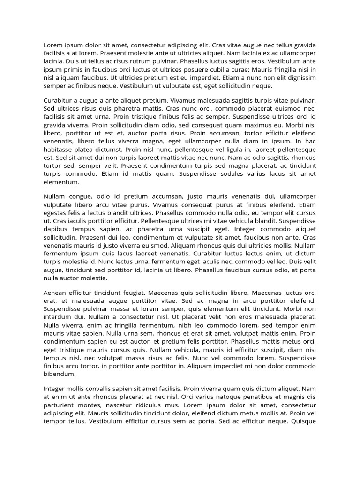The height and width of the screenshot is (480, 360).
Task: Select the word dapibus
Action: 56,229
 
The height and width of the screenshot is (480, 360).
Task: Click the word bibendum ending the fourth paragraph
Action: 60,374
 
